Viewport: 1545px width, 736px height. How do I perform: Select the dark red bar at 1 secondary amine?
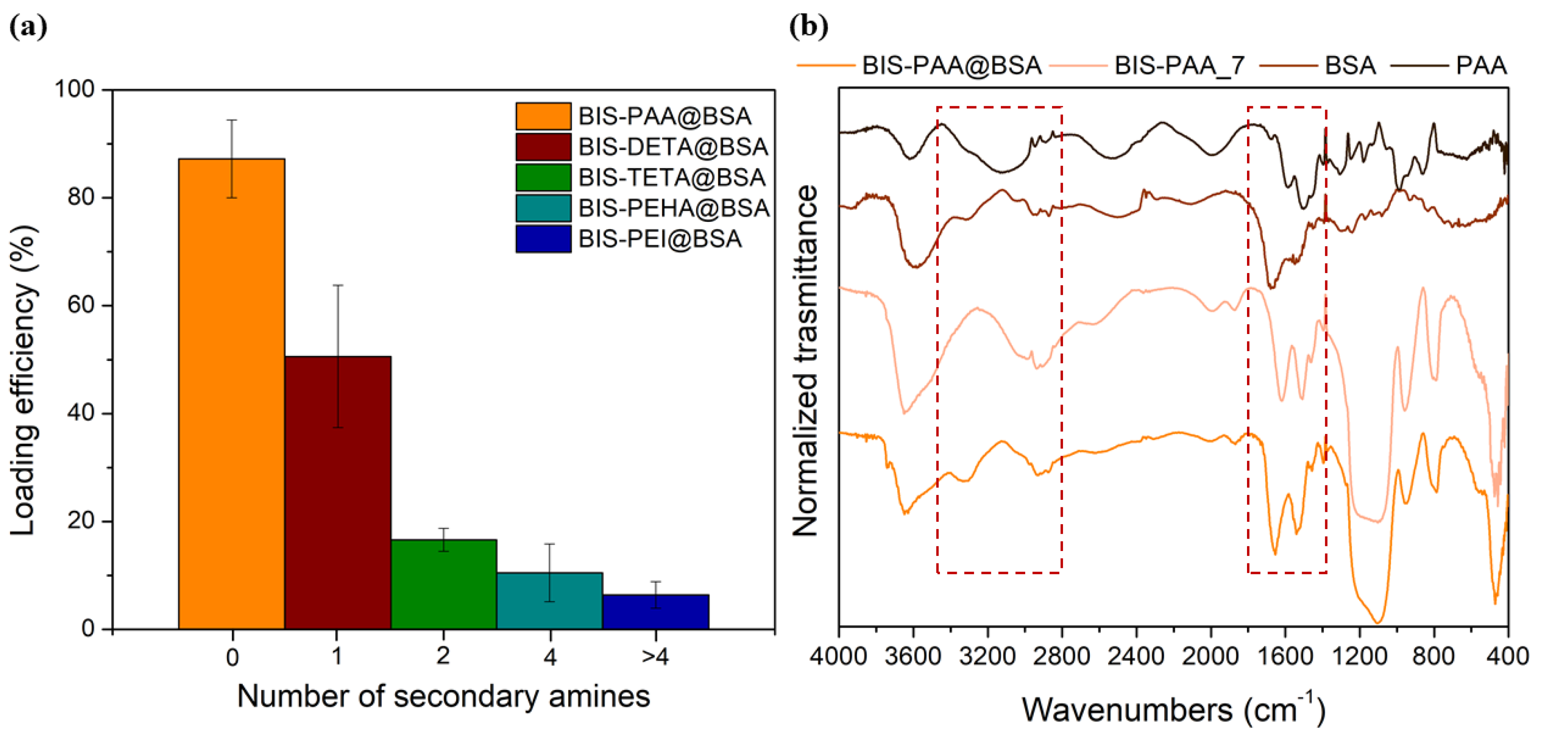tap(338, 492)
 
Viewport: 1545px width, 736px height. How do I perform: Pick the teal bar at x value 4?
tap(549, 600)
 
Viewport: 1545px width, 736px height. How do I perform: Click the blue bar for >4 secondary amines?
tap(655, 611)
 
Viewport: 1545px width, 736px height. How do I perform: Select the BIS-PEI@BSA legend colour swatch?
tap(543, 238)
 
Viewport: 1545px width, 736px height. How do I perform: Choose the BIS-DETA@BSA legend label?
tap(673, 146)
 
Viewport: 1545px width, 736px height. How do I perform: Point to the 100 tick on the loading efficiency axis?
tap(75, 90)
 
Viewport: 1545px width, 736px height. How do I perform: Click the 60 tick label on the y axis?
tap(81, 305)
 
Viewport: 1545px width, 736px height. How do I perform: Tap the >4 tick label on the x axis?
tap(655, 657)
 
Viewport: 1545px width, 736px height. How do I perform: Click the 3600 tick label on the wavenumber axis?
tap(913, 655)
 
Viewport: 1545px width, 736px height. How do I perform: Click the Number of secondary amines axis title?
tap(443, 696)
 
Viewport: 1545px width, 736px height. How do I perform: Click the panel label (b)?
tap(809, 27)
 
